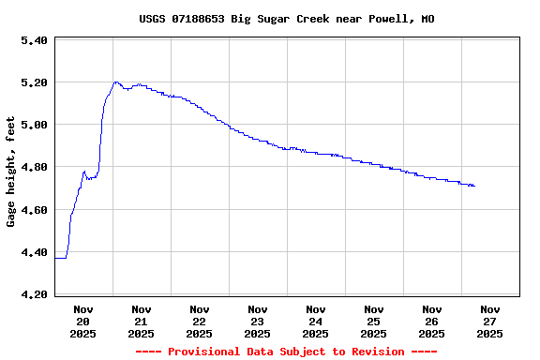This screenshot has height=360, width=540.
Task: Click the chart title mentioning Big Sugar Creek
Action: tap(286, 19)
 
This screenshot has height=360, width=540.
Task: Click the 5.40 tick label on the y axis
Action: tap(34, 40)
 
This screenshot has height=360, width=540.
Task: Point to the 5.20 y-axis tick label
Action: tap(34, 82)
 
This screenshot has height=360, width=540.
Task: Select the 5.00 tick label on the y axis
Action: tap(34, 125)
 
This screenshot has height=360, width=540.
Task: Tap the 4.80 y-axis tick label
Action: tap(34, 167)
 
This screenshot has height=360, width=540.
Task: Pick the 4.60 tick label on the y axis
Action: tap(34, 210)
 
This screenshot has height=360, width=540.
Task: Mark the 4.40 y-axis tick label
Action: tap(34, 252)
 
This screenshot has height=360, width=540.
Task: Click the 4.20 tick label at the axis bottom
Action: tap(34, 294)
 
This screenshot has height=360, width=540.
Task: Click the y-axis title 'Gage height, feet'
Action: tap(11, 172)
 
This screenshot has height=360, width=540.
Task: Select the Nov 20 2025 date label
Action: tap(83, 321)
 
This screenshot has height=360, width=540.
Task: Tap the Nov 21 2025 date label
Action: tap(142, 321)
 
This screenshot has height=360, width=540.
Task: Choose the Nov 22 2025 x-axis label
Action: tap(200, 321)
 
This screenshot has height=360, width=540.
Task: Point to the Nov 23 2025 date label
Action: tap(258, 321)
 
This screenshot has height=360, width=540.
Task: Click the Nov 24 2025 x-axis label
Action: tap(316, 321)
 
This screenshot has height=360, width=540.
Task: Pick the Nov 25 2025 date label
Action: tap(374, 321)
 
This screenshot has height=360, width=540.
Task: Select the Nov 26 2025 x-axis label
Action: tap(432, 321)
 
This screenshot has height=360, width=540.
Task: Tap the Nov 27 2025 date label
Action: tap(490, 321)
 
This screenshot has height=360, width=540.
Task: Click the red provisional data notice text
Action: tap(286, 352)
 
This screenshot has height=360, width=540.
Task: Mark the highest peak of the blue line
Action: tap(115, 82)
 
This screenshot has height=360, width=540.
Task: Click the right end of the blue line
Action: tap(474, 186)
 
